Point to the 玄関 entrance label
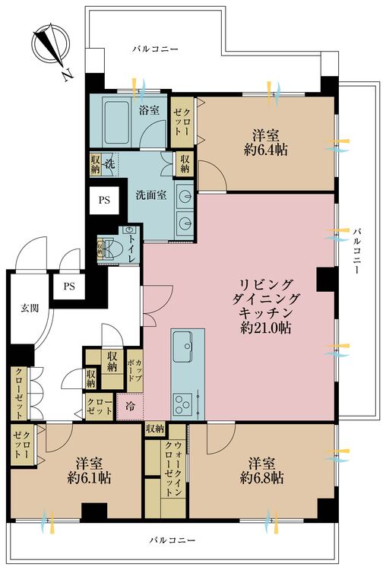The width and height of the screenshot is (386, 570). pyautogui.click(x=29, y=308)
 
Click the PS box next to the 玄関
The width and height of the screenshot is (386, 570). pyautogui.click(x=69, y=287)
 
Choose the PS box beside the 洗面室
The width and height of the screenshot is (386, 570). pyautogui.click(x=103, y=201)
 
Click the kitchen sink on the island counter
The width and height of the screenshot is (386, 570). pyautogui.click(x=185, y=350)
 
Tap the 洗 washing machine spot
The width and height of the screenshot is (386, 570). pyautogui.click(x=109, y=164)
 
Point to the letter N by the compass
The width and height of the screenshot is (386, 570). pyautogui.click(x=67, y=74)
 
